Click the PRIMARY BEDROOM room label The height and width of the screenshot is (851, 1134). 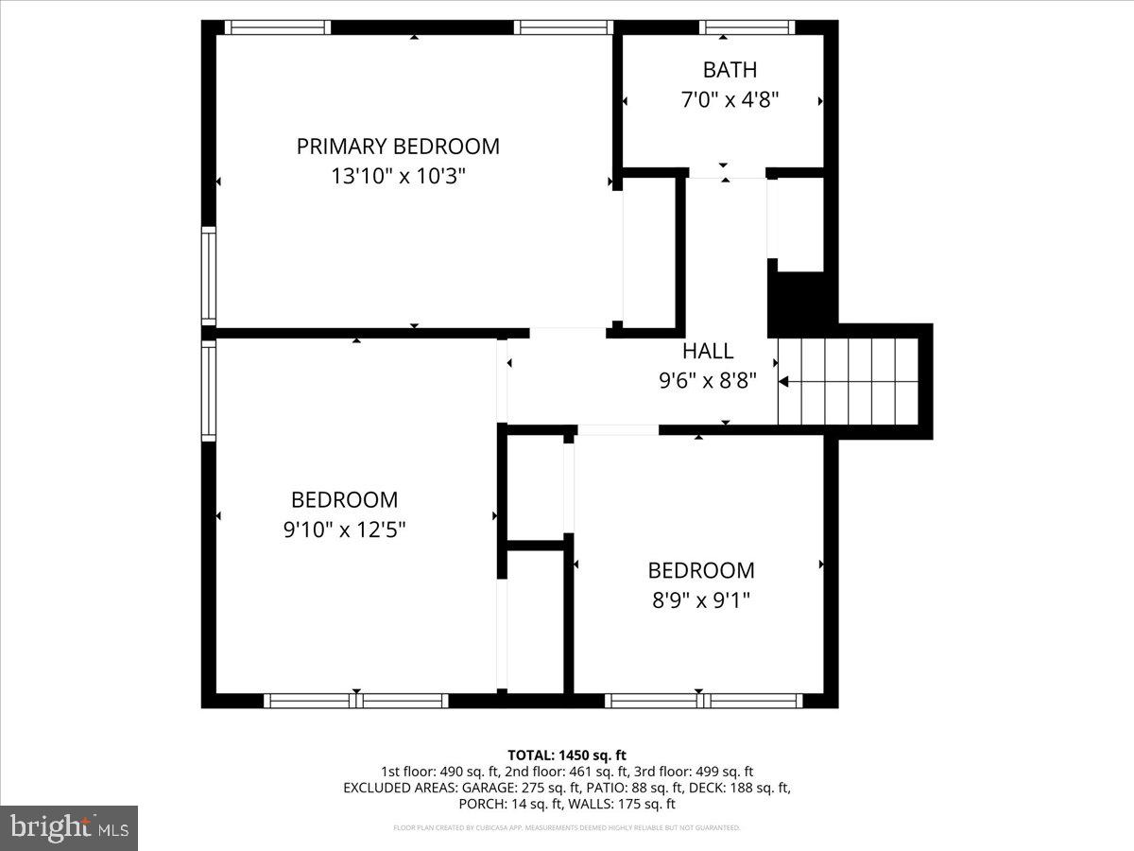398,147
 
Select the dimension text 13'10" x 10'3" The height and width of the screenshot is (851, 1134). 398,176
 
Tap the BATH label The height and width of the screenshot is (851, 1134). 730,70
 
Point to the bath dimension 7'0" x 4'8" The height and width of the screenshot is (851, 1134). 730,99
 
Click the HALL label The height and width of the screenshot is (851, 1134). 708,352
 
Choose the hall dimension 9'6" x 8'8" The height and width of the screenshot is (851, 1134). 708,381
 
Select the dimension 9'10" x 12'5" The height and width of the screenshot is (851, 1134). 344,530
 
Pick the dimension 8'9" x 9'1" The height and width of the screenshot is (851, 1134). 700,599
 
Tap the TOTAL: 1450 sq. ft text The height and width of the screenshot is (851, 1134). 567,755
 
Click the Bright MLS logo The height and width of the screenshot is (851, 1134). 69,828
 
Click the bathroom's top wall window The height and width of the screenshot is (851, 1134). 747,27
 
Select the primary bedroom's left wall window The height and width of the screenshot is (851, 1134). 209,276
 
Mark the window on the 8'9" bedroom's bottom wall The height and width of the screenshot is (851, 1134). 703,701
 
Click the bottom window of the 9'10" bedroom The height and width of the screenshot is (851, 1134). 355,701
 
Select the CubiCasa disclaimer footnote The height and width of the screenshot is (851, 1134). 567,827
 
